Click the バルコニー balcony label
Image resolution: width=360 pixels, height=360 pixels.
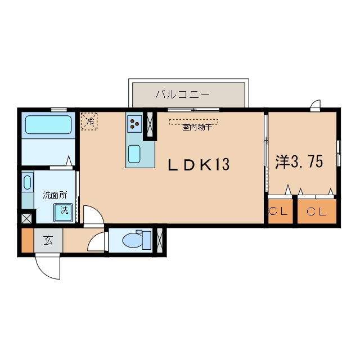tap(182, 94)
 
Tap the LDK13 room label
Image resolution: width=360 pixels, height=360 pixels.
tap(199, 164)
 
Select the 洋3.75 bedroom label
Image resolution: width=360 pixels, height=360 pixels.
tap(299, 161)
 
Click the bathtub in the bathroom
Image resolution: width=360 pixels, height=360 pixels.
tap(48, 125)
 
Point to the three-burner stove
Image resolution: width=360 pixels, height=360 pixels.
tap(134, 124)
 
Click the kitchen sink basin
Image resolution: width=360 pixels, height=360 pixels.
tap(134, 154)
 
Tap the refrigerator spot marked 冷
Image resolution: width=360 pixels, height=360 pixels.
tap(89, 121)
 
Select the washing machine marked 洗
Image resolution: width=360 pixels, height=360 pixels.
tap(63, 213)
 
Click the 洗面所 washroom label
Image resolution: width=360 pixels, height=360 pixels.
tap(55, 195)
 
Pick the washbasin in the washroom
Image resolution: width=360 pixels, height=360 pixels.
tap(28, 182)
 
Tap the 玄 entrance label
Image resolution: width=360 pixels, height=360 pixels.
tap(48, 240)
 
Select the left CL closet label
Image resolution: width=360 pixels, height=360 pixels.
tap(278, 211)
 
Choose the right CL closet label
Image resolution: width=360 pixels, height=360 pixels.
tap(316, 211)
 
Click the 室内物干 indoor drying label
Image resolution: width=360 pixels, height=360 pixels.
tap(197, 128)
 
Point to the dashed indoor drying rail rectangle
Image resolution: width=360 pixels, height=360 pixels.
tap(193, 122)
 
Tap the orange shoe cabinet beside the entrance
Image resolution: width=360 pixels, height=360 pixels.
tap(28, 240)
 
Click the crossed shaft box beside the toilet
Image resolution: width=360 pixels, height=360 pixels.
tap(159, 240)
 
